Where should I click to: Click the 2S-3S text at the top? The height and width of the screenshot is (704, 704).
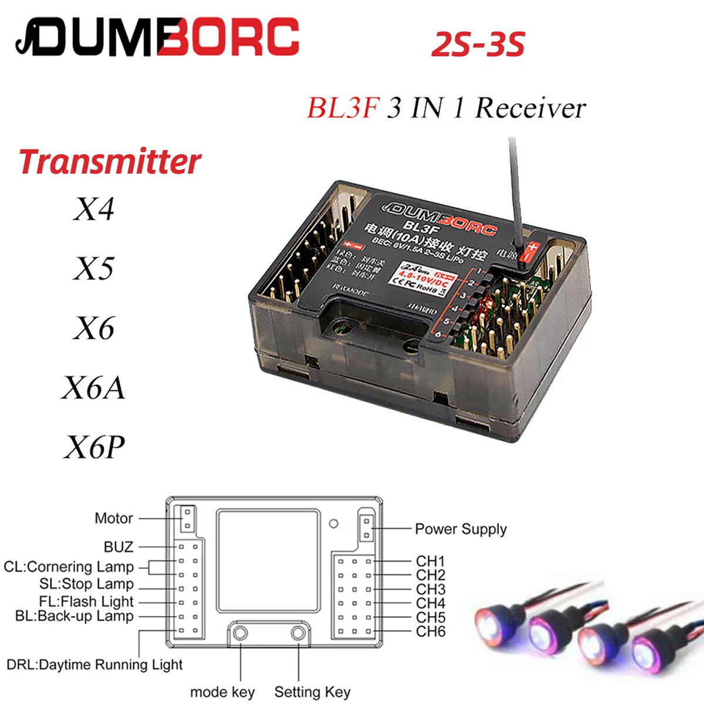[478, 45]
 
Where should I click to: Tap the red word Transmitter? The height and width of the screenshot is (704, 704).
[110, 162]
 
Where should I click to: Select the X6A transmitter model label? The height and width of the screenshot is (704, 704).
[94, 388]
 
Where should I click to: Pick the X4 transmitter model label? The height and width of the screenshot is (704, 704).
[94, 209]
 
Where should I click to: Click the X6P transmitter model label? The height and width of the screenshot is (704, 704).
[94, 447]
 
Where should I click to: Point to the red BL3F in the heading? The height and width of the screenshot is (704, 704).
[343, 108]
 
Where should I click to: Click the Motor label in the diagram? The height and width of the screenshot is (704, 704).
[114, 518]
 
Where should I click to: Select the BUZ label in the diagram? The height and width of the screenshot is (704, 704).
[119, 547]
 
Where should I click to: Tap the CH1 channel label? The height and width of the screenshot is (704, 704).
[431, 561]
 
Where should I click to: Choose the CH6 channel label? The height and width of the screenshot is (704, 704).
[431, 632]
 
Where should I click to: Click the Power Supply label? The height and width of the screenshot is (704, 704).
[461, 529]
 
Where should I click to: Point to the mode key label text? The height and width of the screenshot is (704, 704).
[222, 692]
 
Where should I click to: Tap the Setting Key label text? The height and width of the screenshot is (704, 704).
[312, 692]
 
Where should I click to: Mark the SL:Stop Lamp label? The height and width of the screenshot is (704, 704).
[87, 584]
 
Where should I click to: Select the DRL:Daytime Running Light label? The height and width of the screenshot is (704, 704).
[94, 665]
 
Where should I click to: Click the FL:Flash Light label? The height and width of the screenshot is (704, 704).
[86, 601]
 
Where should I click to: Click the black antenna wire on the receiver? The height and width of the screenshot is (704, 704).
[515, 188]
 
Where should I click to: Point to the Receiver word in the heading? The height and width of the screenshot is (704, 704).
[530, 108]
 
